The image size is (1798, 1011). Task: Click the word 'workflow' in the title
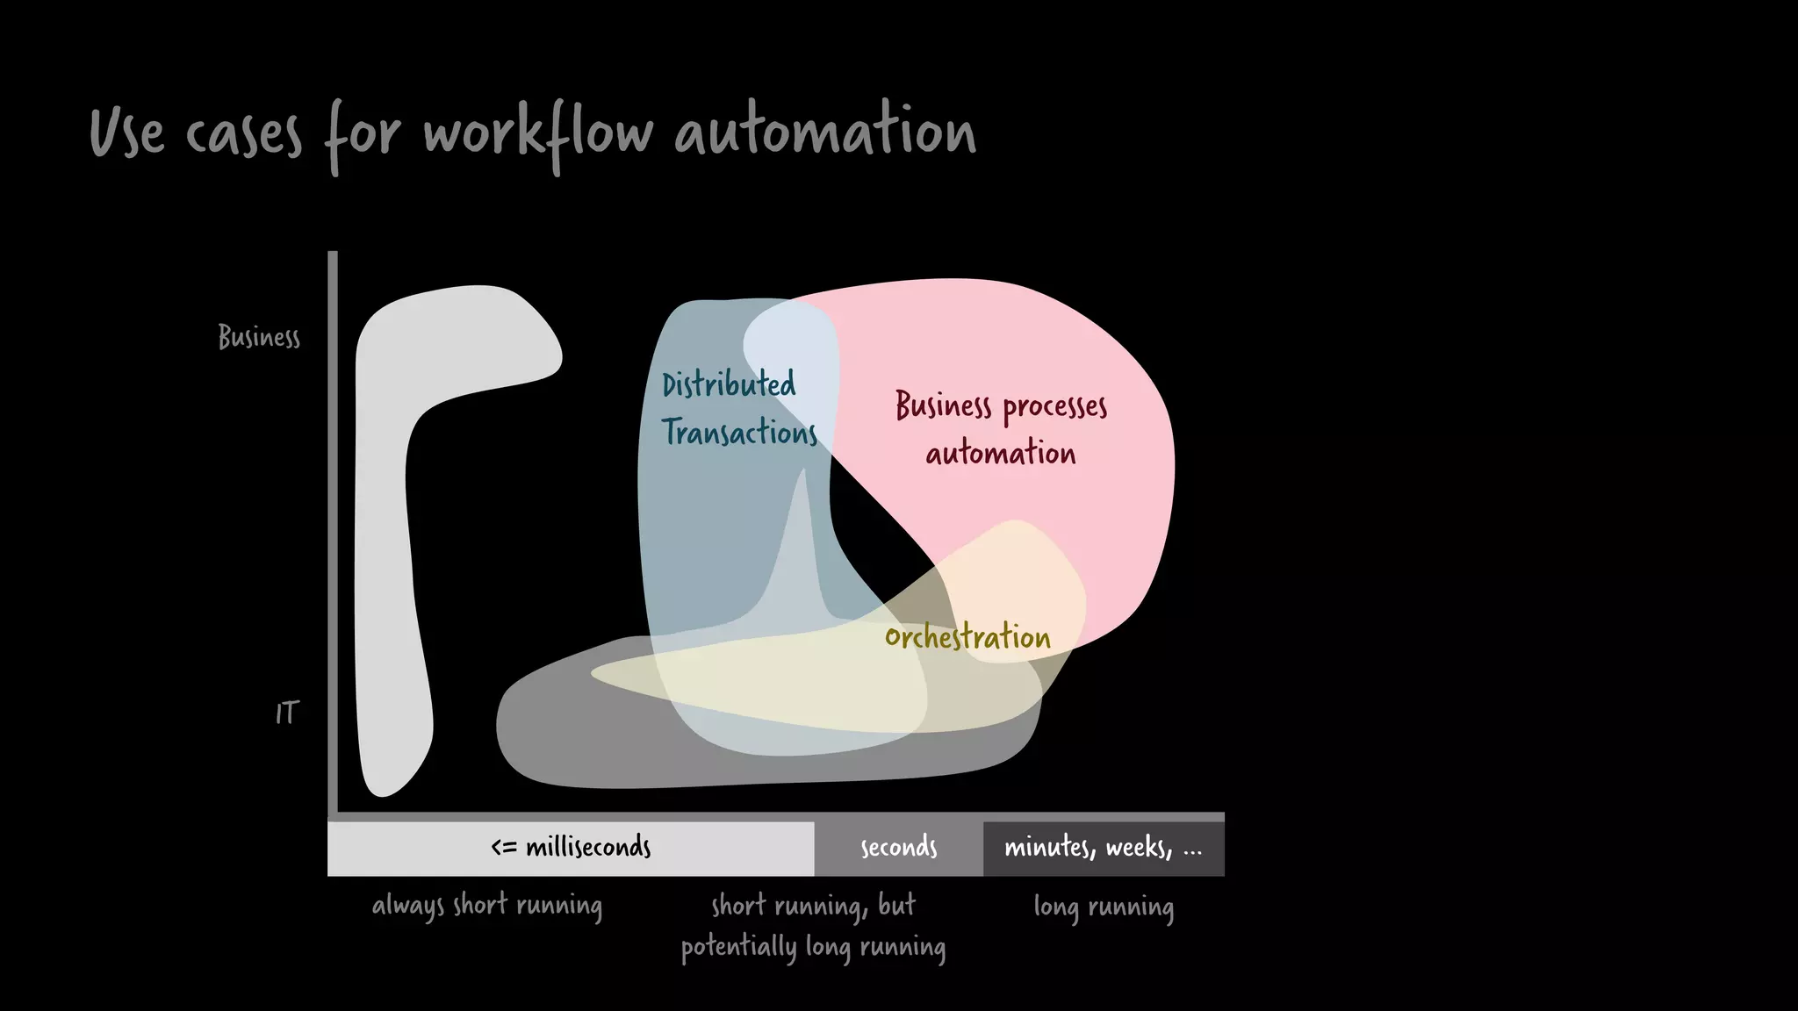[x=537, y=133]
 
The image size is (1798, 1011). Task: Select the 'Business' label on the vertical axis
[x=259, y=337]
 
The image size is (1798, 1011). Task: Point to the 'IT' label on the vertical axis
[x=287, y=713]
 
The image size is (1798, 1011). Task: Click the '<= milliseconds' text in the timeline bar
[x=571, y=848]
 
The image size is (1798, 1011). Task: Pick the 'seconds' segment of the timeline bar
[x=898, y=848]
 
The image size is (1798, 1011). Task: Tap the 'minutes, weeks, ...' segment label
[x=1103, y=848]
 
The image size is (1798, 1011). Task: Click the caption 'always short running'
[x=487, y=906]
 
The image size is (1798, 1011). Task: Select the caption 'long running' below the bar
[x=1104, y=907]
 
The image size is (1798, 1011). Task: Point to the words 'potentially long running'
[x=813, y=948]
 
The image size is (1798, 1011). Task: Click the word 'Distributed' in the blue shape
[x=729, y=384]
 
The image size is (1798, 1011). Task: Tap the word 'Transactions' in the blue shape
[x=739, y=433]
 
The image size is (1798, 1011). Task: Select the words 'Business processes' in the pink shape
[x=1001, y=406]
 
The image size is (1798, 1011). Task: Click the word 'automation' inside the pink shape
[x=1001, y=454]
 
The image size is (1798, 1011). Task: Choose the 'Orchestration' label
[x=967, y=637]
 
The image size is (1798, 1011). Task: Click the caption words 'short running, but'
[x=813, y=905]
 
